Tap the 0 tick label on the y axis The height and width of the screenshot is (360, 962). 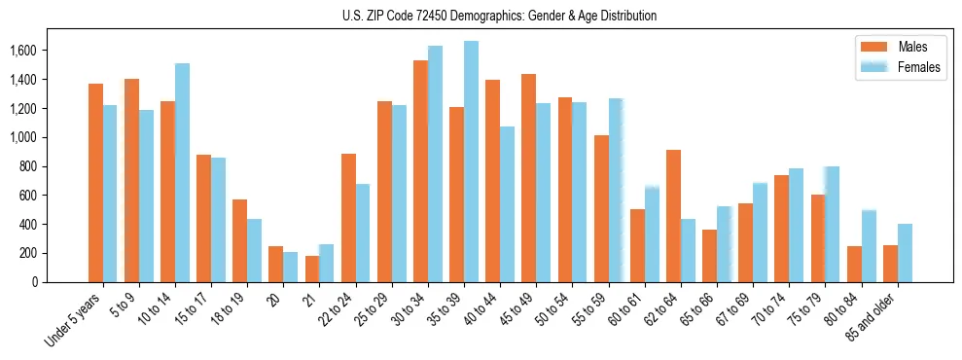[35, 282]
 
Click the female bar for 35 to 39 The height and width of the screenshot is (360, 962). [471, 162]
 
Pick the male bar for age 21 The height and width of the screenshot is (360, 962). [312, 269]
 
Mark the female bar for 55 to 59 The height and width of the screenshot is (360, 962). [616, 190]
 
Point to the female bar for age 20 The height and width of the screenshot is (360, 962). [291, 267]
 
